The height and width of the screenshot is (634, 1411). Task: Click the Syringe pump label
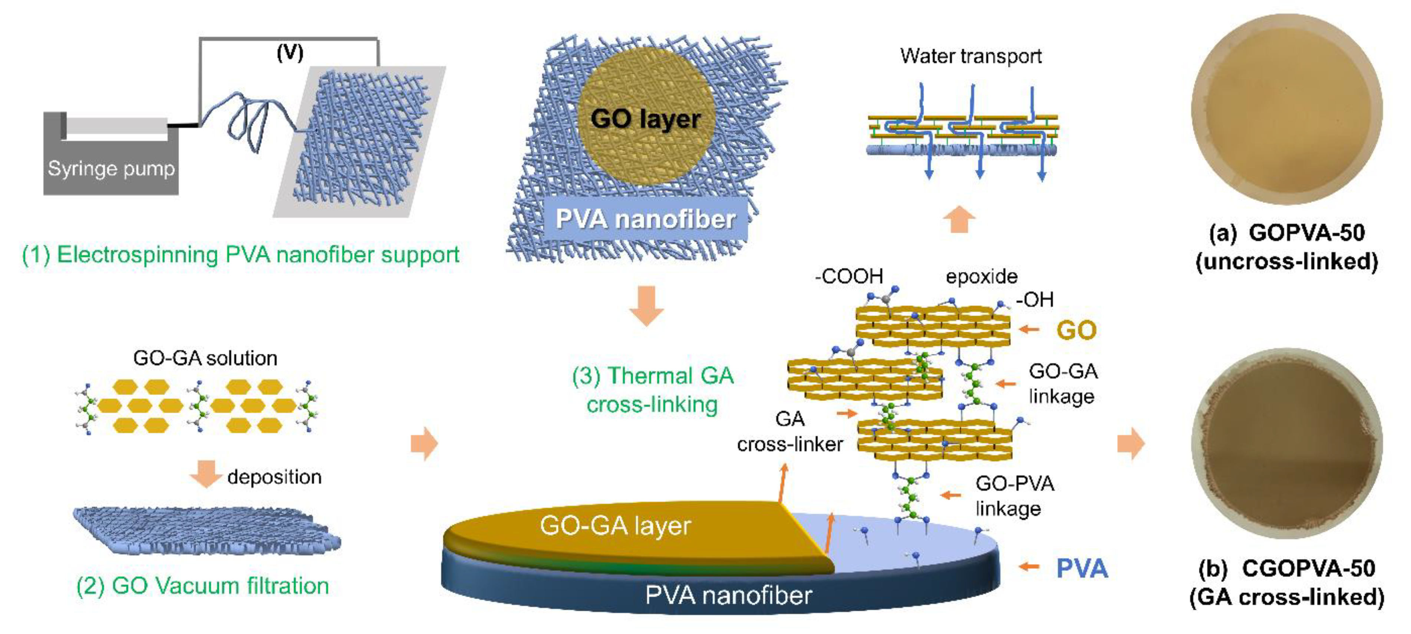[x=111, y=168]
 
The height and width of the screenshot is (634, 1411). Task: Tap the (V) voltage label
[x=290, y=53]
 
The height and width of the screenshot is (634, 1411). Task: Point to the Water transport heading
[x=970, y=56]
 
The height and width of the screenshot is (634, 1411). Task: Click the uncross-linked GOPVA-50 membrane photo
[x=1287, y=109]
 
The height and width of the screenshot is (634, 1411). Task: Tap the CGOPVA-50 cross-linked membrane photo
[x=1287, y=443]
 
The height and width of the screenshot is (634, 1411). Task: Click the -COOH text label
[x=848, y=276]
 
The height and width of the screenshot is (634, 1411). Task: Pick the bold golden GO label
[x=1076, y=330]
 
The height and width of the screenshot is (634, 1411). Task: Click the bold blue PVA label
[x=1081, y=568]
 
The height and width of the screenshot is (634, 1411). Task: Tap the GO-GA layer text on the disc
[x=615, y=526]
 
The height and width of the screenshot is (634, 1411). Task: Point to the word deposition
[x=274, y=477]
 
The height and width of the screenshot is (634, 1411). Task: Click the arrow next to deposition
[x=205, y=473]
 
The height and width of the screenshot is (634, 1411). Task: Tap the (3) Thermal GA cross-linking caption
[x=652, y=390]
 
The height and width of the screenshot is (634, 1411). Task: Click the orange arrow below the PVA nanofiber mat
[x=646, y=305]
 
